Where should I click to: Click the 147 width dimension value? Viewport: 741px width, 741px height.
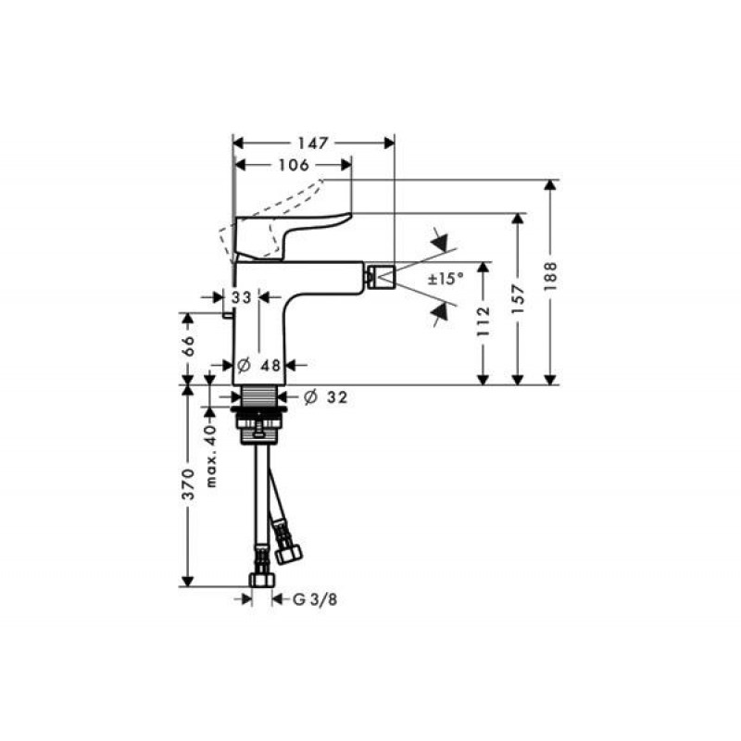312,143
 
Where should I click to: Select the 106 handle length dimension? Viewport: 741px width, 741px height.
294,165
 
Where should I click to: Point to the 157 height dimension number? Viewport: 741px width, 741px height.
519,298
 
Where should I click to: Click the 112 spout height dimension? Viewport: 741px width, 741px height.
484,321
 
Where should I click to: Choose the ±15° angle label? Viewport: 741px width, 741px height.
446,279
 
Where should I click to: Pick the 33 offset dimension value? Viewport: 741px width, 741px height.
241,297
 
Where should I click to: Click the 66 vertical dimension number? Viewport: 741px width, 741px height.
188,345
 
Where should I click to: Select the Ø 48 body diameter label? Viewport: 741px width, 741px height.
259,365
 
